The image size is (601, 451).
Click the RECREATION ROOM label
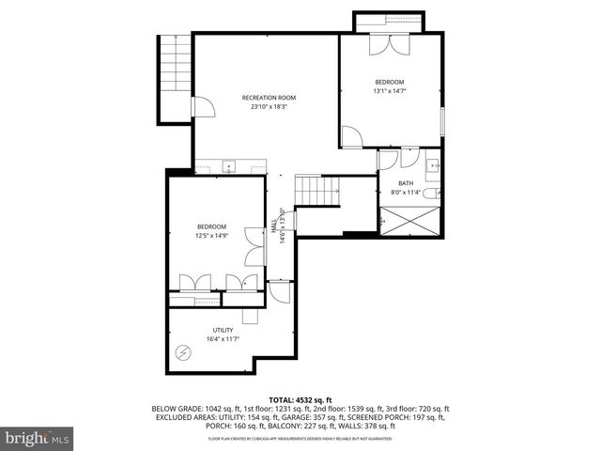tap(269, 98)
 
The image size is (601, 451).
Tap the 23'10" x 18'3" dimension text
tap(269, 107)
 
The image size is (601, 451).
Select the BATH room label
tap(406, 183)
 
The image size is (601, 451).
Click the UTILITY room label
tap(222, 330)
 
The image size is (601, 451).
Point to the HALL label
tap(275, 226)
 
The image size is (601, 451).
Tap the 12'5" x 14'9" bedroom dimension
tap(211, 236)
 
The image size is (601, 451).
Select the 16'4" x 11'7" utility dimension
tap(222, 339)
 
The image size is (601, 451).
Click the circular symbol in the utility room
tap(183, 353)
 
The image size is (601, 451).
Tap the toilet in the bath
tap(429, 194)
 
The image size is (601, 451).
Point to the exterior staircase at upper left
tap(176, 63)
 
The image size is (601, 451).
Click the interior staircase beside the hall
tap(316, 191)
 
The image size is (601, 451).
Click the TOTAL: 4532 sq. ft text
tap(300, 398)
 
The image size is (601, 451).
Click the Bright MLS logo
tap(38, 438)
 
